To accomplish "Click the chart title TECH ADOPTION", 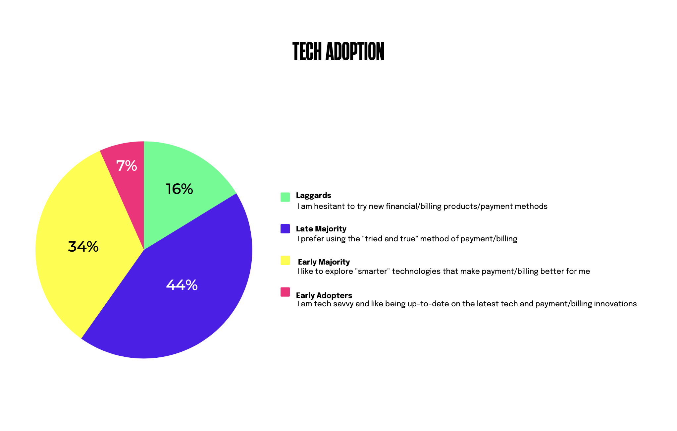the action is pos(338,51).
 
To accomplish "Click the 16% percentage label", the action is pos(179,189).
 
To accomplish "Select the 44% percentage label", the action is pos(182,285).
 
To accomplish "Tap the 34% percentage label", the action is pos(83,247).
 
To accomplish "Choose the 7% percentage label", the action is pos(127,166).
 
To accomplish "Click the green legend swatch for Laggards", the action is pos(285,197).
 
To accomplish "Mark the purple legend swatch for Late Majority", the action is pos(285,229).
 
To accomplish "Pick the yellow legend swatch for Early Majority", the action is pos(285,260).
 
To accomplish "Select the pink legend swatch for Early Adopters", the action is pos(285,292).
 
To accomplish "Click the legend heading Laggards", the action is pos(314,196).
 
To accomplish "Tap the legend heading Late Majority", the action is pos(321,229).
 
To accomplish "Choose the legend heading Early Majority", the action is pos(324,262).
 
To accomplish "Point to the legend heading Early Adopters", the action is pos(324,295).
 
